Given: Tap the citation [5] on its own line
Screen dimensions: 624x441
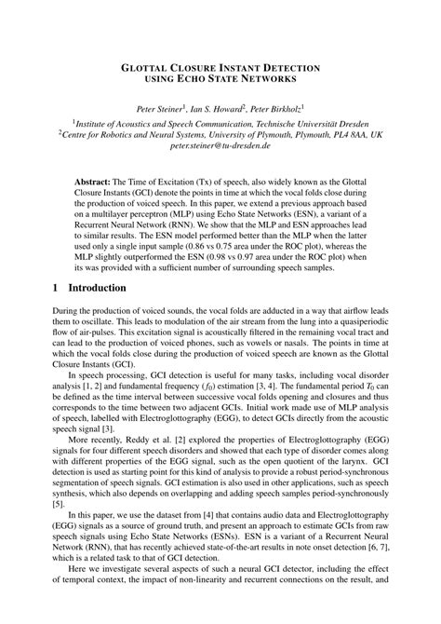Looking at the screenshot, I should tap(58, 504).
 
